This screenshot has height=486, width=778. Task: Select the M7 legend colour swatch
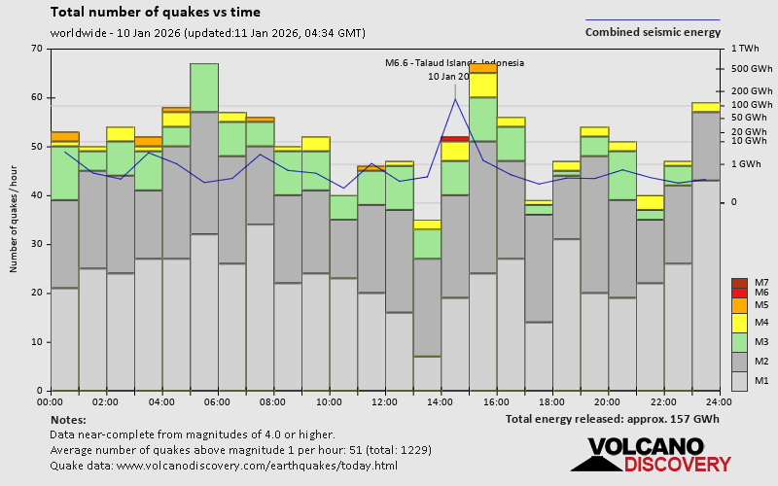pos(738,282)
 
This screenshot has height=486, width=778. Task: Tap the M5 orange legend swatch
pos(738,305)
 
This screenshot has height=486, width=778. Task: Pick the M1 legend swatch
pos(738,379)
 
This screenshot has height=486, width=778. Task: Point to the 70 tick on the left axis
pos(36,49)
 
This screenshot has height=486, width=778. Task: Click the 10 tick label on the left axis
pos(36,342)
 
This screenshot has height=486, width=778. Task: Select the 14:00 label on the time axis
pos(441,401)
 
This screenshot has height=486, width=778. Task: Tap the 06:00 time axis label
pos(217,401)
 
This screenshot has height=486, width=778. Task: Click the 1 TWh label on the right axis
pos(747,49)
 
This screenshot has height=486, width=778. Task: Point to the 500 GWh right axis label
pos(753,69)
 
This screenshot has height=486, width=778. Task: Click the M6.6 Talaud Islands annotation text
pos(454,63)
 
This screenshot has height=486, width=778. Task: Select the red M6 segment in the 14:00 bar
pos(455,139)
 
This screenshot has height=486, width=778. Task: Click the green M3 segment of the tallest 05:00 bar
pos(204,87)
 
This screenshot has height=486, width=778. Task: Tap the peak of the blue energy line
pos(454,98)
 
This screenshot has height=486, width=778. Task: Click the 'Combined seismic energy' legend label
pos(653,32)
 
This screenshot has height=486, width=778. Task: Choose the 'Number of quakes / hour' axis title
pos(16,220)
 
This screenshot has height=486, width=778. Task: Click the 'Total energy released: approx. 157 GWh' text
pos(612,419)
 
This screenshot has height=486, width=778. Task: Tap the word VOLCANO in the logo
pos(644,447)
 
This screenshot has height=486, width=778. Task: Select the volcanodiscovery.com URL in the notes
pos(257,466)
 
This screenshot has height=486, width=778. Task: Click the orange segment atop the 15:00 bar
pos(483,68)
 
